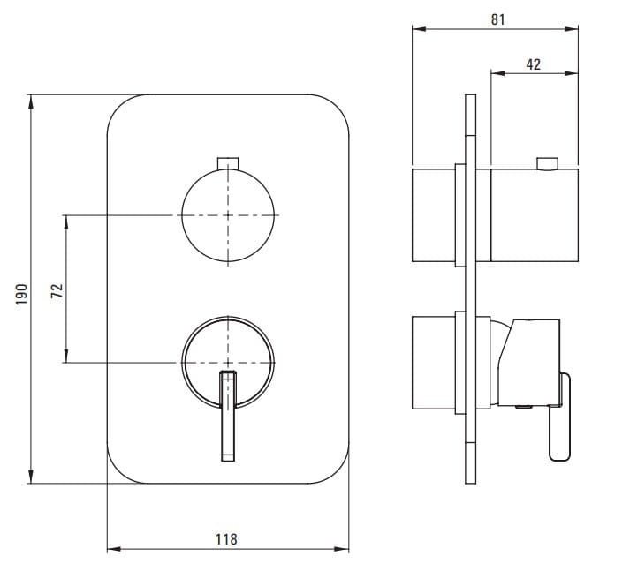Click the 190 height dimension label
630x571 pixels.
22,294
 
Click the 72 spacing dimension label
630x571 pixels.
57,290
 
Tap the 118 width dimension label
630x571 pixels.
226,539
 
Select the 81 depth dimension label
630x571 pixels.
497,19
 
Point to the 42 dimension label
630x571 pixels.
533,64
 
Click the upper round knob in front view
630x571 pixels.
228,215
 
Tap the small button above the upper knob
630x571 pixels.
228,163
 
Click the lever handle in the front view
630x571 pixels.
228,416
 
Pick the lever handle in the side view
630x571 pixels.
560,417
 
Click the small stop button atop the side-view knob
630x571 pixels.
547,164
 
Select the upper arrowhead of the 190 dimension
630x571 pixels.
31,102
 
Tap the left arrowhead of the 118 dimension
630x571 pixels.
115,549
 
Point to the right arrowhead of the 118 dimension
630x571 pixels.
342,549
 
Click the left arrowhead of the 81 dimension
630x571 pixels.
420,29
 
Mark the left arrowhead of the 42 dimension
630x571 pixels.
497,73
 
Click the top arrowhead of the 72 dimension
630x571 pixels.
66,222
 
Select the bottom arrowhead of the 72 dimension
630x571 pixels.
66,356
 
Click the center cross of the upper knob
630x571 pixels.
228,215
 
